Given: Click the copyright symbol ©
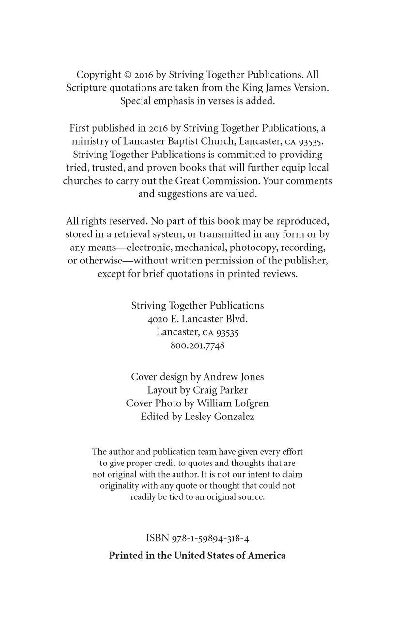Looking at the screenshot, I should click(128, 75).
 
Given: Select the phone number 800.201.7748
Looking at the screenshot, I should click(198, 346).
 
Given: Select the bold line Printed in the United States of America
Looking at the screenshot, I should click(197, 556).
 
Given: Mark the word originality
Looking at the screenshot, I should click(122, 485).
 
